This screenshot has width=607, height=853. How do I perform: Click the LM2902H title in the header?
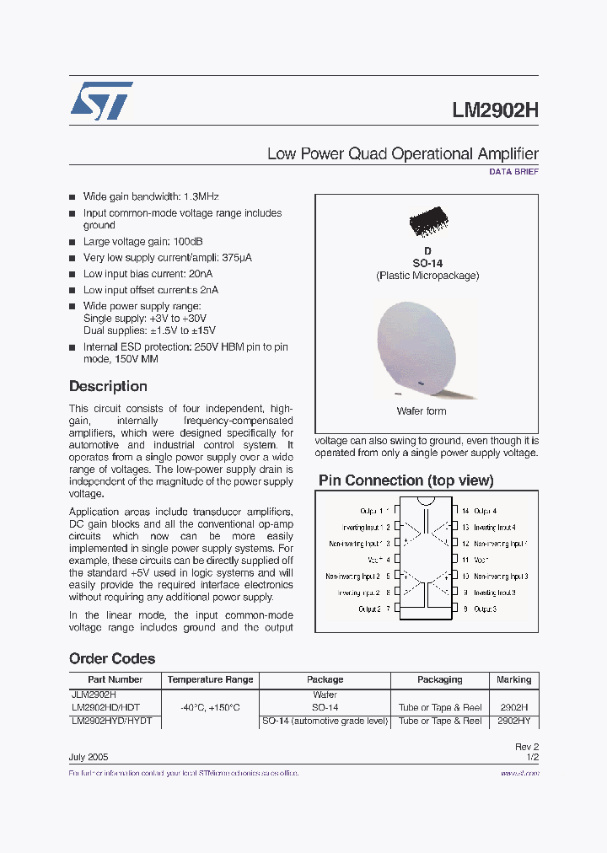click(x=495, y=111)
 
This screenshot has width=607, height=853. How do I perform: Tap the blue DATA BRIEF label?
click(x=513, y=171)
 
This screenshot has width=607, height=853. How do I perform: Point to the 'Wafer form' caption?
click(x=422, y=411)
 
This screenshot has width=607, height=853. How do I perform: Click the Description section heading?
click(x=108, y=386)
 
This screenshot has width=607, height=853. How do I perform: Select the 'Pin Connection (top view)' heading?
click(x=406, y=480)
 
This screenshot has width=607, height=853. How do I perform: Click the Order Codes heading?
click(x=112, y=658)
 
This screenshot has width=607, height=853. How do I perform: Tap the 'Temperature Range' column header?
click(x=210, y=679)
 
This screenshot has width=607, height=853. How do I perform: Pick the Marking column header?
click(x=513, y=679)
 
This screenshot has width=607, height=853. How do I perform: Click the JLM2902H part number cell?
click(x=94, y=695)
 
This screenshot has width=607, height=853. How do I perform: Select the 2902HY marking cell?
click(x=513, y=721)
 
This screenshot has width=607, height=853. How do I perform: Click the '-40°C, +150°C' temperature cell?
click(x=210, y=708)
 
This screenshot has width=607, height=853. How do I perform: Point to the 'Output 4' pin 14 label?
click(x=485, y=511)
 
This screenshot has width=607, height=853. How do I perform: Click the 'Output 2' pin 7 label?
click(x=370, y=609)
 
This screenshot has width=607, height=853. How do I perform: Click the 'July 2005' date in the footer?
click(x=88, y=757)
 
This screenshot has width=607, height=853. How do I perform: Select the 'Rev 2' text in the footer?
click(x=526, y=747)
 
